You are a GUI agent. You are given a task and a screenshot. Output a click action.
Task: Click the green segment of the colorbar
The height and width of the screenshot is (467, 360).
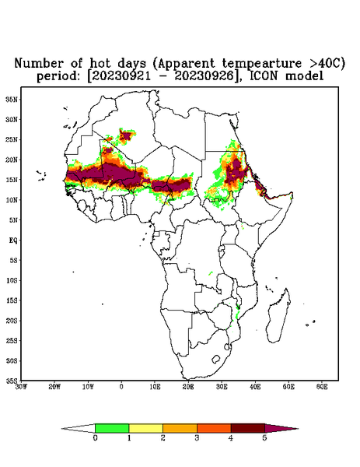[112, 428]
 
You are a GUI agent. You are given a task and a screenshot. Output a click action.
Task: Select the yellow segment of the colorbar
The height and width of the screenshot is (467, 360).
[145, 428]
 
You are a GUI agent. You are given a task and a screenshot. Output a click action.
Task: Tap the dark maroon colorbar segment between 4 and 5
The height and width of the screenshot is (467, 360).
[248, 428]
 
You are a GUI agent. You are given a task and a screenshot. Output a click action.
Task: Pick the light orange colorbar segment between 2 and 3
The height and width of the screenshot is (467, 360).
[180, 428]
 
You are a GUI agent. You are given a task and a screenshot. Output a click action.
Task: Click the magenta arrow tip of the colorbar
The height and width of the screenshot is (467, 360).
[281, 428]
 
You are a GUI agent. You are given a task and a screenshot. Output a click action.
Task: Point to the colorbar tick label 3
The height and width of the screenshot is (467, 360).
[197, 438]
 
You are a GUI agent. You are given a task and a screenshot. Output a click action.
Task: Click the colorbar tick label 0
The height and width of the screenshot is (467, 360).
[95, 438]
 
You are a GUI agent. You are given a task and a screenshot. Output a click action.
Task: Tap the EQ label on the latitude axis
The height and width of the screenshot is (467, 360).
[13, 240]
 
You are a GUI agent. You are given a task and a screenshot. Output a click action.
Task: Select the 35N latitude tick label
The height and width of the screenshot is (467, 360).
[12, 100]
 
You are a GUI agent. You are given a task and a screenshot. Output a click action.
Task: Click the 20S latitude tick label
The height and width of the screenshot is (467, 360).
[12, 321]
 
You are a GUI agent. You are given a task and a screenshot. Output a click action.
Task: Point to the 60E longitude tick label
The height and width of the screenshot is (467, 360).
[322, 387]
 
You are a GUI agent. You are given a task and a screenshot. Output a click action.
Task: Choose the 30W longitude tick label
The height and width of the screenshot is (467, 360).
[21, 387]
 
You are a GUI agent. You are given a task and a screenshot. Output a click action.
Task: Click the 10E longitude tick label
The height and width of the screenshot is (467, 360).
[155, 387]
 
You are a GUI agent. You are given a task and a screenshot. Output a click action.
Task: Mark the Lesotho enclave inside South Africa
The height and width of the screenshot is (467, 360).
[215, 359]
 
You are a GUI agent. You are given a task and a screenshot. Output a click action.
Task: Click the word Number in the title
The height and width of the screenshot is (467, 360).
[39, 64]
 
